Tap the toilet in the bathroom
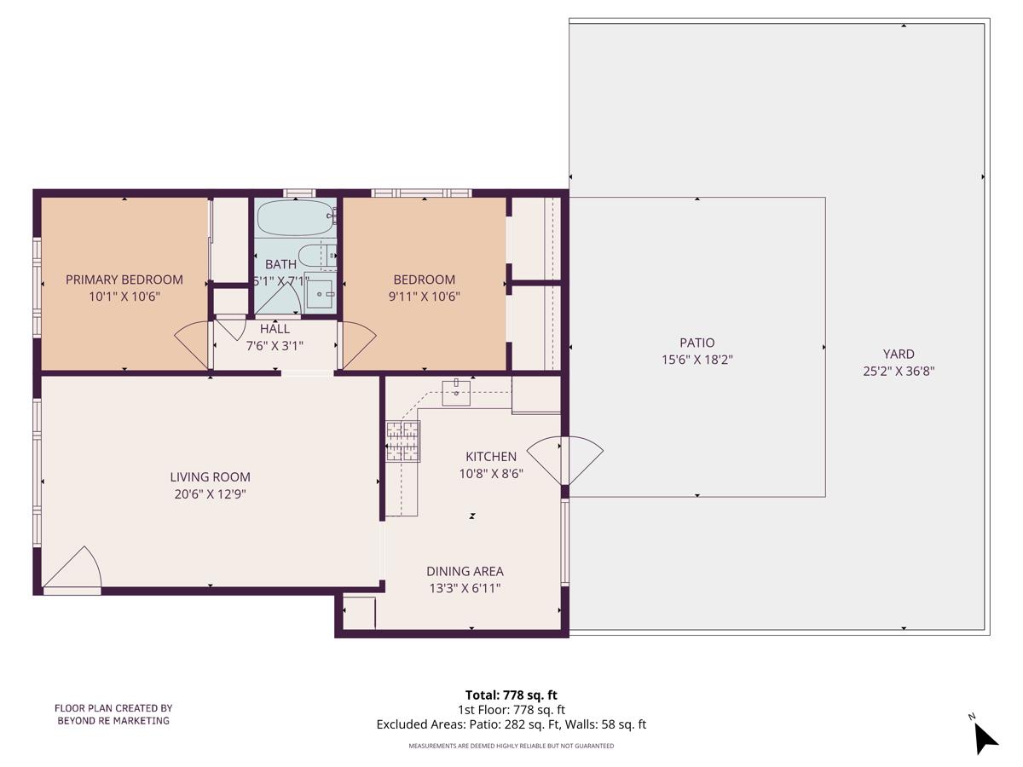click(x=328, y=256)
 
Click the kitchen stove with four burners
click(x=402, y=441)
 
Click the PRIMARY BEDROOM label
click(x=124, y=280)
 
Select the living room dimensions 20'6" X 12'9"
click(x=210, y=493)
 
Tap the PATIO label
click(x=697, y=343)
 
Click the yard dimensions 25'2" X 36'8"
click(x=899, y=371)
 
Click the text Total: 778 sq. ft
click(x=511, y=695)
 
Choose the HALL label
click(x=275, y=329)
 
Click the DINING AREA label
click(x=465, y=571)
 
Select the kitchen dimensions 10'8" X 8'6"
click(x=490, y=473)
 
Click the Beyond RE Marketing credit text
click(x=113, y=714)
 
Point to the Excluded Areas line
click(x=511, y=724)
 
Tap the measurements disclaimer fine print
click(x=511, y=746)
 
